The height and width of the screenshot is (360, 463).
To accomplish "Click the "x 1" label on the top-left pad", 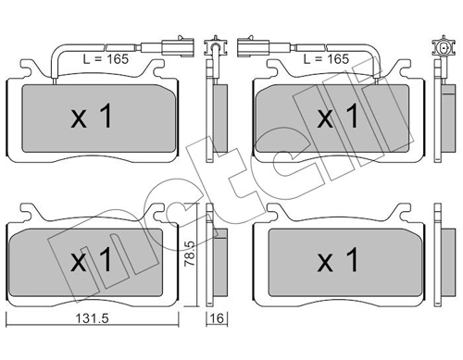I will coord(92,116).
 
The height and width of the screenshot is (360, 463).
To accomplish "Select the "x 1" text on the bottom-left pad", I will coord(92,260).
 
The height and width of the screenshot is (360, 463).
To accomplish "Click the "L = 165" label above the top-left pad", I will coord(104,58).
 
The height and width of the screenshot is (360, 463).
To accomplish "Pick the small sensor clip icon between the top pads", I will coord(217,46).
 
